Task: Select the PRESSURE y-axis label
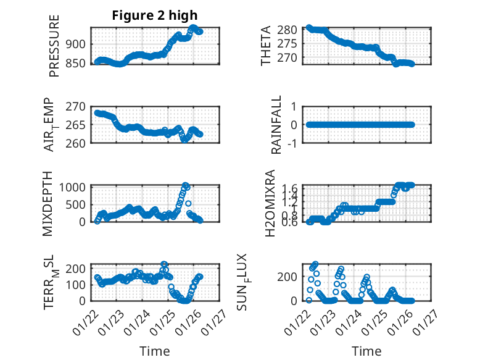(x=54, y=51)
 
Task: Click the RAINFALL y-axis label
(x=277, y=125)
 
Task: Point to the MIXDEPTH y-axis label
(x=49, y=203)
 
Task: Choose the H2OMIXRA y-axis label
(x=270, y=203)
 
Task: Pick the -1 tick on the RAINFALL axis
(x=293, y=143)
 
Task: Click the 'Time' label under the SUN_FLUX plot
(x=366, y=351)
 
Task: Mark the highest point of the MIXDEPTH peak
(x=185, y=185)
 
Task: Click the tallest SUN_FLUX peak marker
(x=315, y=264)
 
